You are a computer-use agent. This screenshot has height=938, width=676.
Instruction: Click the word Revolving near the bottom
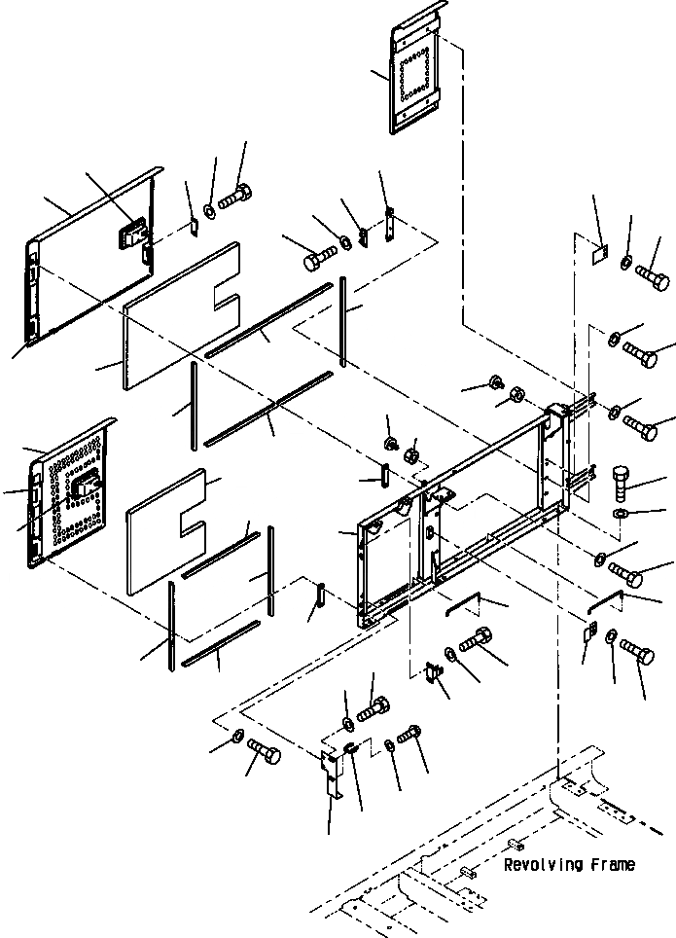(543, 864)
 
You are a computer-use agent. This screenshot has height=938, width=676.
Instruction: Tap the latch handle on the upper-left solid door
(134, 233)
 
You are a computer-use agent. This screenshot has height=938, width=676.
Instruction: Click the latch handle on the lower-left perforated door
(90, 487)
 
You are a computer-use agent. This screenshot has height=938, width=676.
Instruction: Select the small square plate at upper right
(600, 250)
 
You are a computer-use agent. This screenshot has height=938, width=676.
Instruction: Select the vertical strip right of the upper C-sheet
(343, 321)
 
